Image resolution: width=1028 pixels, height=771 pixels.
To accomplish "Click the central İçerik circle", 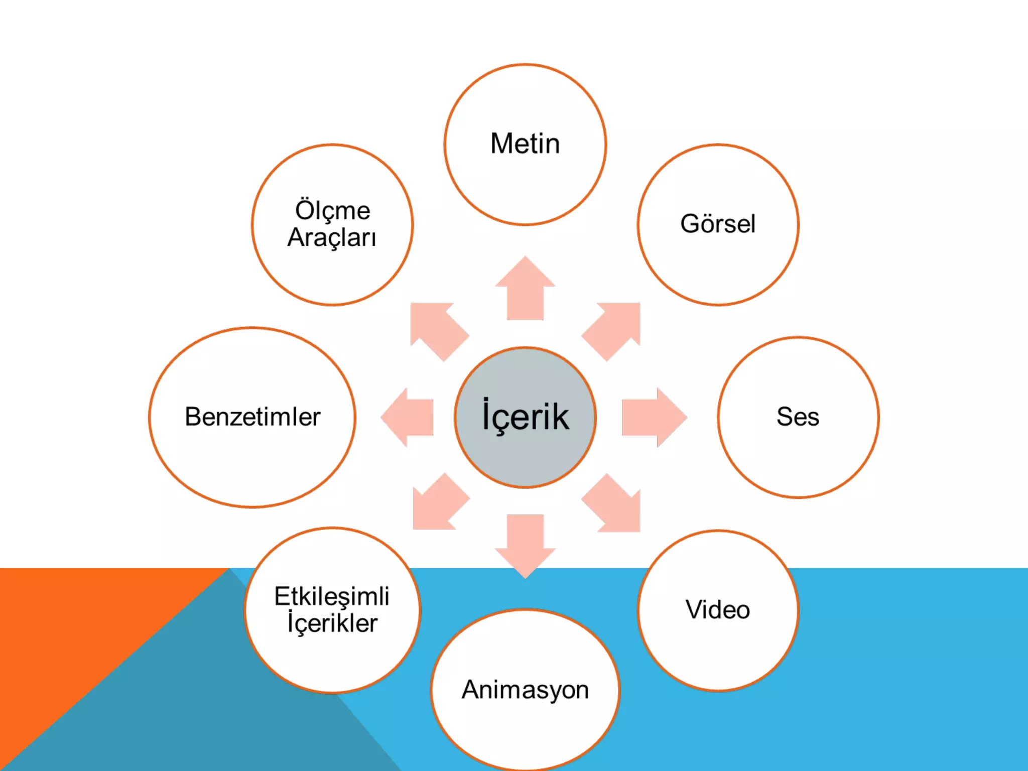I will click(525, 417).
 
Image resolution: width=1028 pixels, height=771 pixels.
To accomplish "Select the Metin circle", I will click(525, 144).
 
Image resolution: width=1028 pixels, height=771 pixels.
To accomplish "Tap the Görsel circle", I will click(718, 224).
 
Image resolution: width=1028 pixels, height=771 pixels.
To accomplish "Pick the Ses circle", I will click(798, 417).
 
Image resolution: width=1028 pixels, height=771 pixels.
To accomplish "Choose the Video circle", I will click(718, 610).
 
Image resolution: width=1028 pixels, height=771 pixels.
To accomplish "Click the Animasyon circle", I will click(525, 690).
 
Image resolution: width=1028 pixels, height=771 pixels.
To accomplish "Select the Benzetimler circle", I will click(252, 417).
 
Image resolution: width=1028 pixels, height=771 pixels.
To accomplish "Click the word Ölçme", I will click(332, 210).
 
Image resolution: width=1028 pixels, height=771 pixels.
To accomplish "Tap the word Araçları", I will click(332, 237).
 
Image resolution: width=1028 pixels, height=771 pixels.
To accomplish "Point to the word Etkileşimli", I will click(332, 596).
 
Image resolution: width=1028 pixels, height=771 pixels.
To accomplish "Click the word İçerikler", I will click(332, 623).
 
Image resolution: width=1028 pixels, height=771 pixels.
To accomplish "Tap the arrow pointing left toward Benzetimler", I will click(409, 417).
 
